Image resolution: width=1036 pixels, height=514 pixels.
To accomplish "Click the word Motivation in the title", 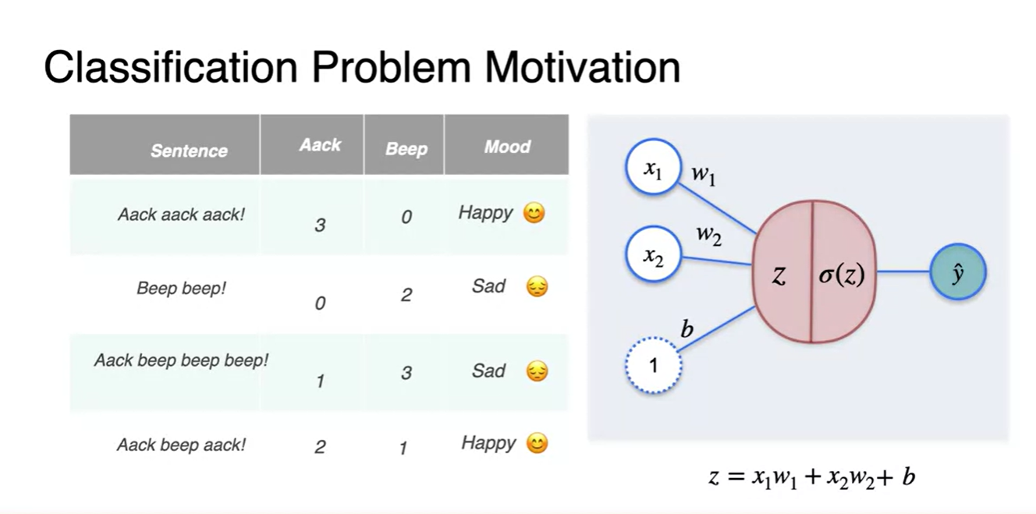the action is pyautogui.click(x=582, y=68).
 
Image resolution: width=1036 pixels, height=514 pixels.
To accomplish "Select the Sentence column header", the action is pyautogui.click(x=189, y=151).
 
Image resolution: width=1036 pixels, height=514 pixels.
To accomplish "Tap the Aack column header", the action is pyautogui.click(x=320, y=144).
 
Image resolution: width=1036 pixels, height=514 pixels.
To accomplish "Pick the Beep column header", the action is pyautogui.click(x=406, y=149).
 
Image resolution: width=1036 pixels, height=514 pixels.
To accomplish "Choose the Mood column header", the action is pyautogui.click(x=507, y=147).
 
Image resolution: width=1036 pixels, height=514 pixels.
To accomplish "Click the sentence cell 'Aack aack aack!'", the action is pyautogui.click(x=181, y=214).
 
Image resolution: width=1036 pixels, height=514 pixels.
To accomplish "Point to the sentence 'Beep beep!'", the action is pyautogui.click(x=181, y=288).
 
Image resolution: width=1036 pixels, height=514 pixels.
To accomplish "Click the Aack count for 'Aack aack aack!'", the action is pyautogui.click(x=320, y=225).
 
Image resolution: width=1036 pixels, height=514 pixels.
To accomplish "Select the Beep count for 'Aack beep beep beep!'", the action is pyautogui.click(x=406, y=373).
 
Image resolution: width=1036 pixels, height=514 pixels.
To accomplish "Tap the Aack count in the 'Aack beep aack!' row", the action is pyautogui.click(x=320, y=447).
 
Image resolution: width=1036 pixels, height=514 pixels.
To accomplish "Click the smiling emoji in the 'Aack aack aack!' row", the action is pyautogui.click(x=534, y=213).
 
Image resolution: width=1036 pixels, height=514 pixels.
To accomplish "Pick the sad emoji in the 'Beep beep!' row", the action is pyautogui.click(x=537, y=286).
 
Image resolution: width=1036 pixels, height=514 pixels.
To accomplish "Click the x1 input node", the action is pyautogui.click(x=653, y=166).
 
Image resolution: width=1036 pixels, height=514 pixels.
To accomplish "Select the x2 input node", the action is pyautogui.click(x=653, y=253).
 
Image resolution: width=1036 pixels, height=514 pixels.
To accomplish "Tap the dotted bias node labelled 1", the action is pyautogui.click(x=653, y=365).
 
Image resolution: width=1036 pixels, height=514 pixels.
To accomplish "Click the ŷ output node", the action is pyautogui.click(x=958, y=271).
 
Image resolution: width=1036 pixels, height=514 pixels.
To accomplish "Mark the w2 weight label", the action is pyautogui.click(x=709, y=235).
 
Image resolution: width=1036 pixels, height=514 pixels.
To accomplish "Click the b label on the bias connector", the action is pyautogui.click(x=687, y=328).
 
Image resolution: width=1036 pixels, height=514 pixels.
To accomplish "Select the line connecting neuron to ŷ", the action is pyautogui.click(x=903, y=271).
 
